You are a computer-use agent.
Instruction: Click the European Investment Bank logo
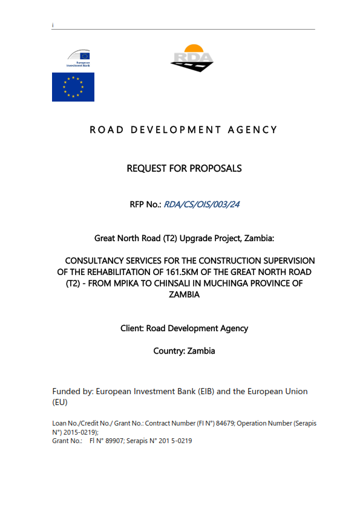[78, 58]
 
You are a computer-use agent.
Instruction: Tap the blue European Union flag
[73, 87]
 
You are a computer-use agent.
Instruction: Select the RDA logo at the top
[192, 58]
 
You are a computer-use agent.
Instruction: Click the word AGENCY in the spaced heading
[253, 129]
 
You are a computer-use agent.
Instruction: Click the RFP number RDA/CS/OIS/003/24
[201, 204]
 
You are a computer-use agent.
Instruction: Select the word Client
[132, 328]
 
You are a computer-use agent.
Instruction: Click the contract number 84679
[221, 423]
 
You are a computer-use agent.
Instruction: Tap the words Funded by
[73, 391]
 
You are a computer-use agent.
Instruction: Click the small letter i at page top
[53, 25]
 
